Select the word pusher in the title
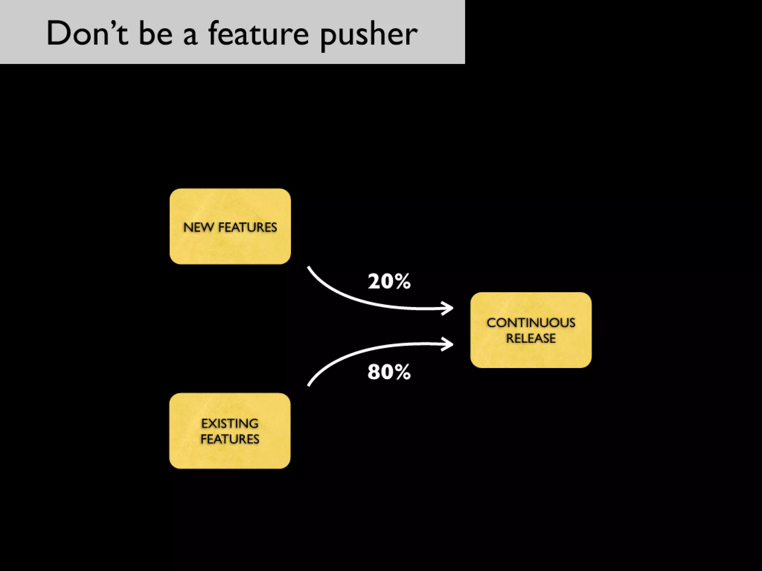click(368, 35)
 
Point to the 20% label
click(389, 281)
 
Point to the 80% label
click(389, 372)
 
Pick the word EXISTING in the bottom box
click(230, 423)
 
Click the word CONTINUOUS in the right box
click(531, 323)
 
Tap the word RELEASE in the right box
click(531, 338)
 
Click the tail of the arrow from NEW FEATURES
click(309, 268)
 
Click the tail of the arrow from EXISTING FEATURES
click(309, 385)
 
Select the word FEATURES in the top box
click(247, 227)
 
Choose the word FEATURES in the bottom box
click(230, 439)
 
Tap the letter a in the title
click(190, 36)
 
